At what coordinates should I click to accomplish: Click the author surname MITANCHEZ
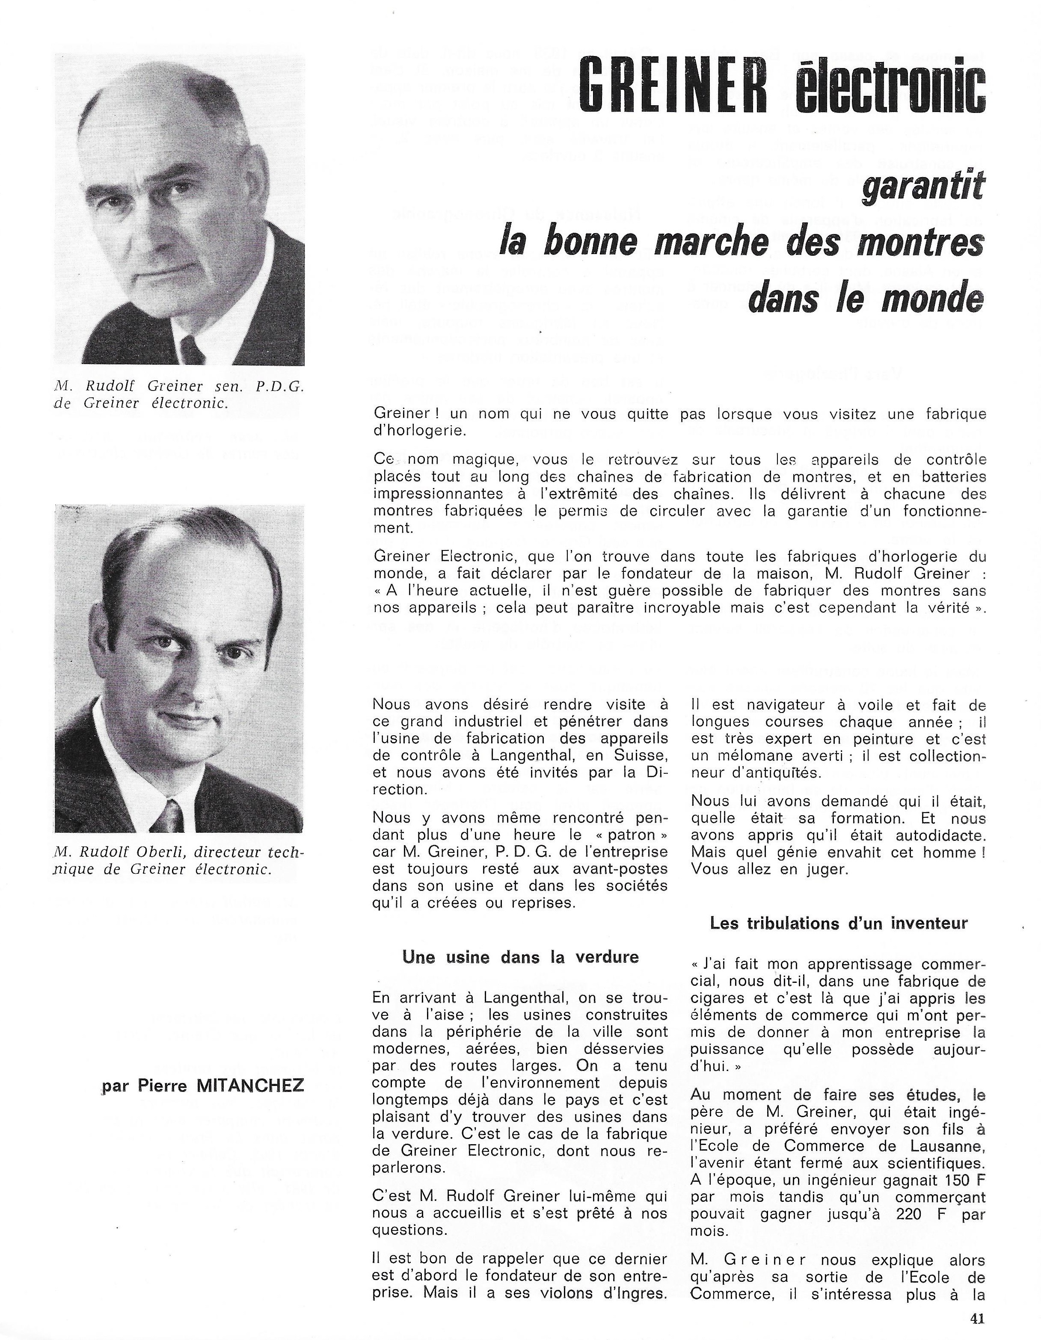pos(249,1086)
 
